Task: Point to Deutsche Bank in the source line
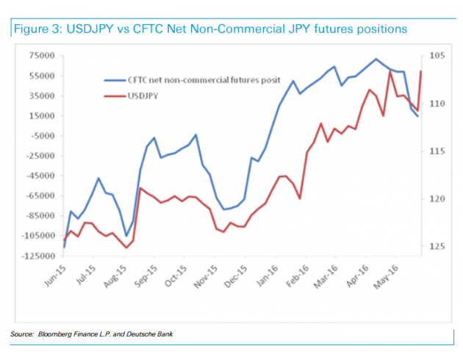pos(151,335)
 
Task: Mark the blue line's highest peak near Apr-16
pos(376,59)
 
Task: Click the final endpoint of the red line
pos(420,71)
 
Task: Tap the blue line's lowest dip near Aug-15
pos(126,237)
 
